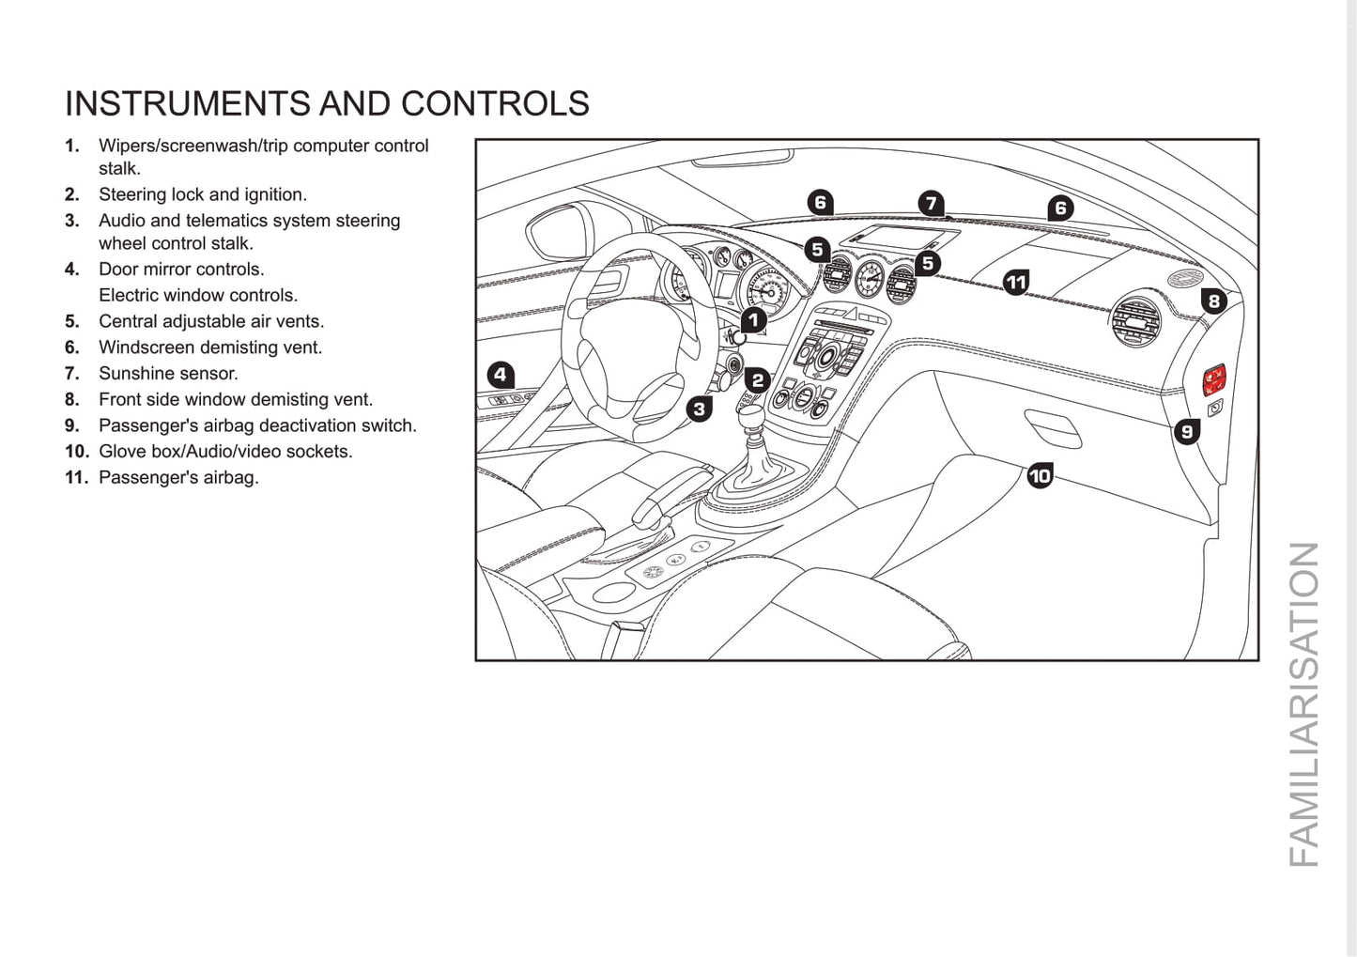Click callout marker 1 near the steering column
coord(753,320)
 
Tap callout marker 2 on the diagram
coord(757,379)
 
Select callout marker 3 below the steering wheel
coord(699,409)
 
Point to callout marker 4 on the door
coord(501,375)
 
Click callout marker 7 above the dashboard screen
coord(930,203)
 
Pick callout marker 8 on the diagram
coord(1213,301)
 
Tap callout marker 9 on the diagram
coord(1187,431)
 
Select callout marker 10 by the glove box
coord(1040,476)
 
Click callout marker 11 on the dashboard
coord(1015,281)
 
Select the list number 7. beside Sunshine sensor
coord(72,374)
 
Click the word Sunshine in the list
coord(131,374)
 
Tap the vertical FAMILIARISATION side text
coord(1303,704)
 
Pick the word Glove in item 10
coord(121,452)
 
